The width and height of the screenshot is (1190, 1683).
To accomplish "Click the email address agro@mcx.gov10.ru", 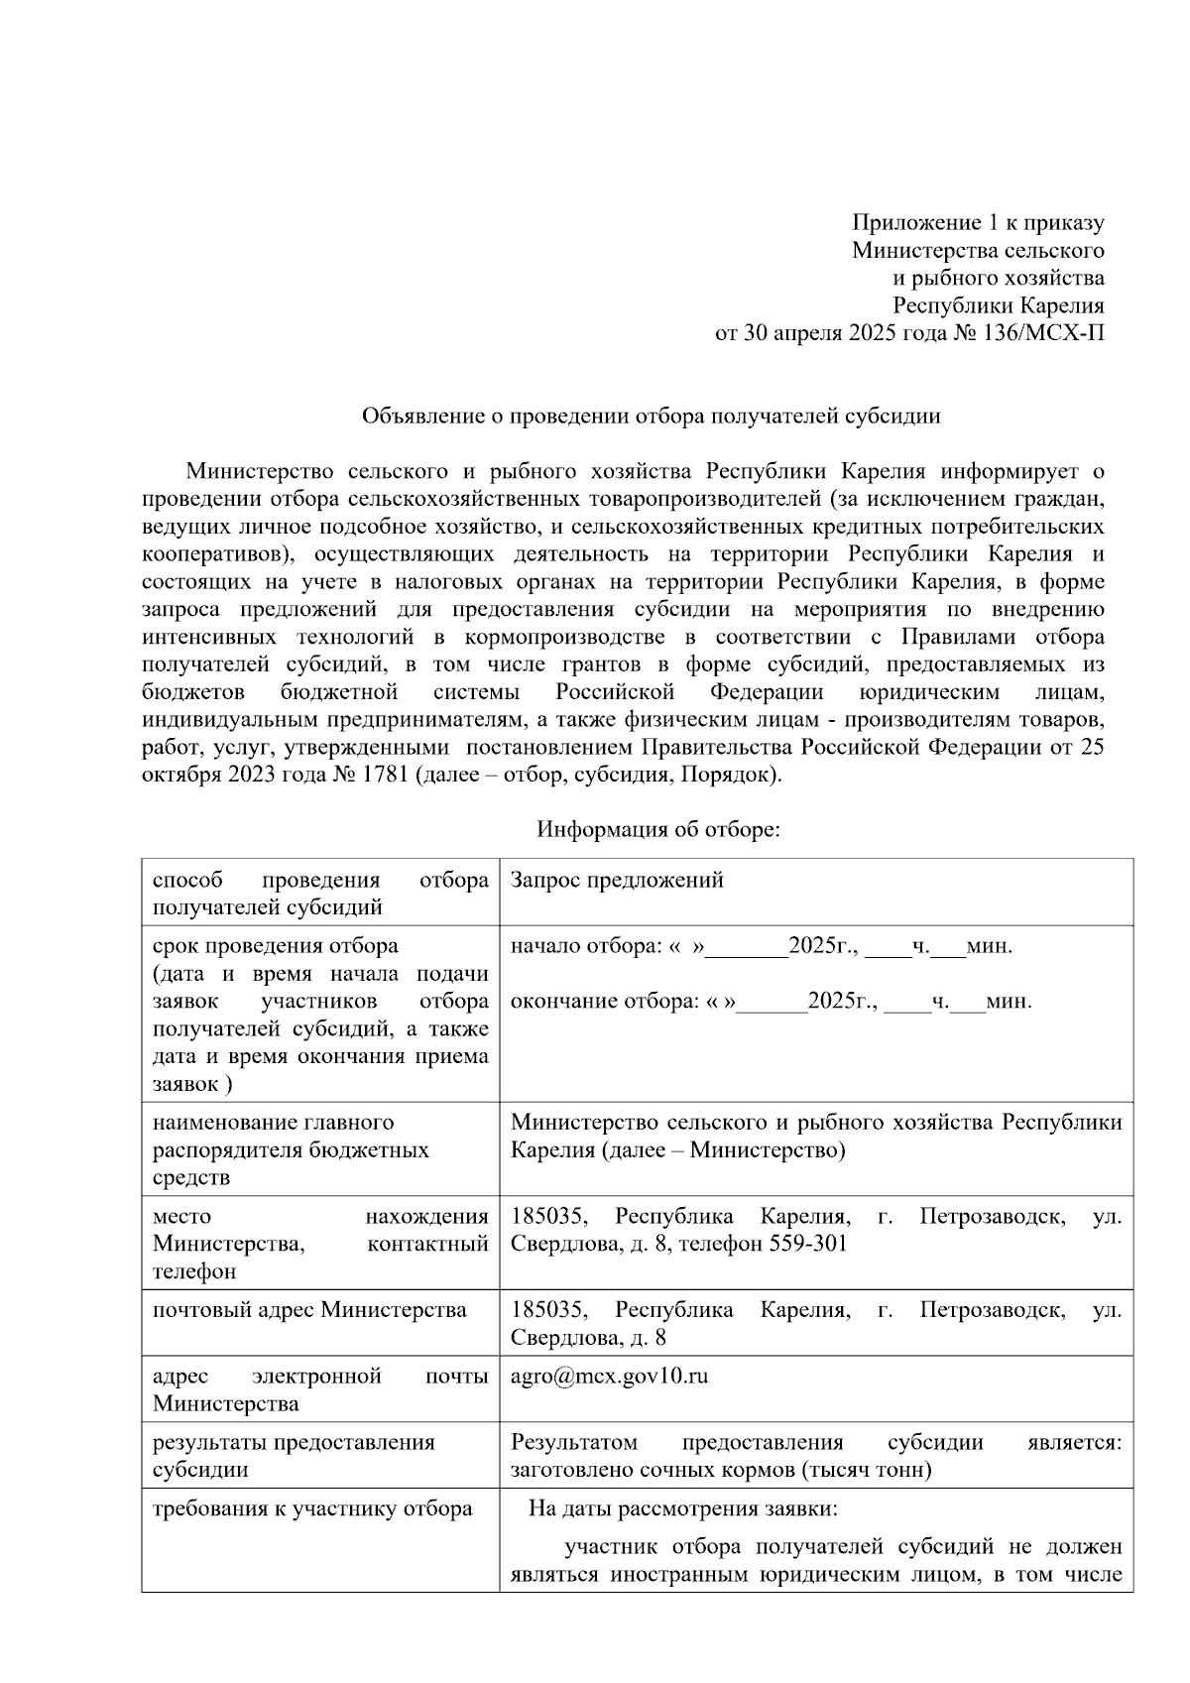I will pos(609,1377).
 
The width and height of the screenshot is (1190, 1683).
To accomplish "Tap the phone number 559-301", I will pos(808,1244).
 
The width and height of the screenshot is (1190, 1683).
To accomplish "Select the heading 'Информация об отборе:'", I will pos(657,829).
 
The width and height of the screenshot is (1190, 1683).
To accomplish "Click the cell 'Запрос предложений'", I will pos(616,881).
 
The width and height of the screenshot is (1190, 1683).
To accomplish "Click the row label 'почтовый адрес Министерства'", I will pos(309,1310).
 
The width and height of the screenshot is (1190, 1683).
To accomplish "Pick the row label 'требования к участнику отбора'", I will pos(311,1509).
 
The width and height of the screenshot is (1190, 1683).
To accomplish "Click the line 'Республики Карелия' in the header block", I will pos(998,306).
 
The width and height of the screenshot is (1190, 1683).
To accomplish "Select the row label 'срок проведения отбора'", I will pos(275,946).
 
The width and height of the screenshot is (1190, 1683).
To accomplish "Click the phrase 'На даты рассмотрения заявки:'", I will pos(683,1510).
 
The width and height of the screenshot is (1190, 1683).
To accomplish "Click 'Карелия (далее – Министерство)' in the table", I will pos(677,1150).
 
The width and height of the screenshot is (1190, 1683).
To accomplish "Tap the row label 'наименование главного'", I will pos(273,1123).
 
